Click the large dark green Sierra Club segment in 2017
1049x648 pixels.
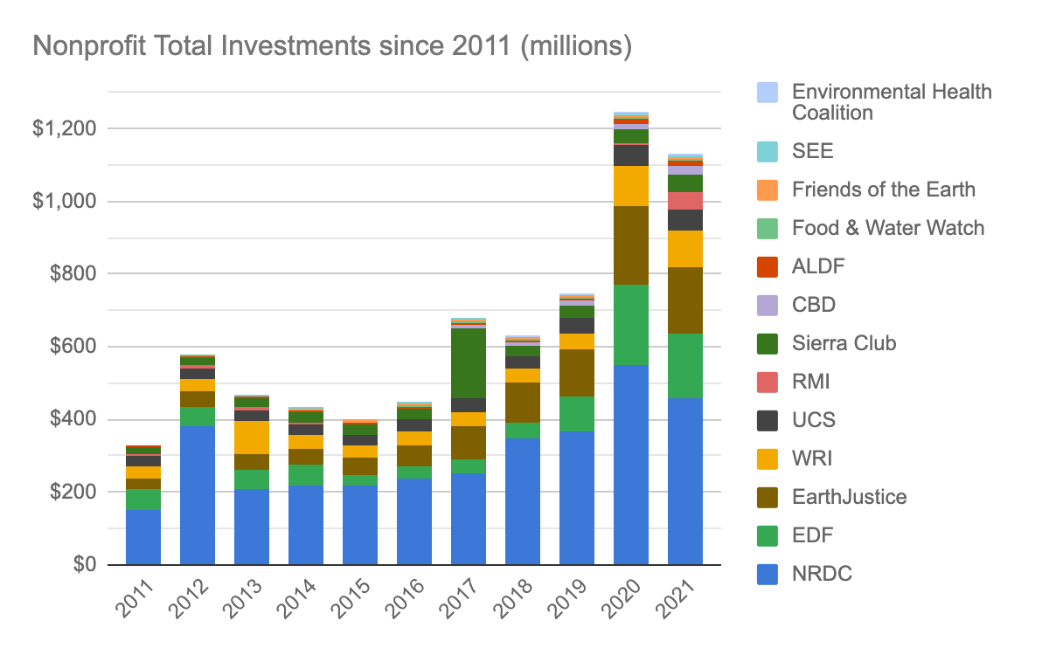[468, 363]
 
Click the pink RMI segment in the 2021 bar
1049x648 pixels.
[684, 201]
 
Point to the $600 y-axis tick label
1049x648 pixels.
[69, 347]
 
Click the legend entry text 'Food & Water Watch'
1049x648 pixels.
[887, 228]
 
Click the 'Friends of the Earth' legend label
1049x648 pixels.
[883, 190]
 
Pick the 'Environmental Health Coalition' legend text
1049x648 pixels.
[892, 102]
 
